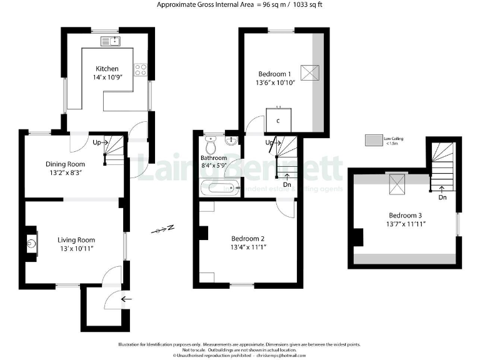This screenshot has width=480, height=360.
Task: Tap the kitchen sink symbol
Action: pyautogui.click(x=112, y=42)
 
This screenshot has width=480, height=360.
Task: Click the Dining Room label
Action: pyautogui.click(x=65, y=164)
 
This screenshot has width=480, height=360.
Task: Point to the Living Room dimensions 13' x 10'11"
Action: pyautogui.click(x=76, y=249)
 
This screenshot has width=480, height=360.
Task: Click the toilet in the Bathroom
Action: pyautogui.click(x=211, y=145)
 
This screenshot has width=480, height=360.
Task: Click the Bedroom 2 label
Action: pyautogui.click(x=248, y=238)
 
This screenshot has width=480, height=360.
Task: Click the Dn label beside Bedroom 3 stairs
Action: pyautogui.click(x=442, y=197)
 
